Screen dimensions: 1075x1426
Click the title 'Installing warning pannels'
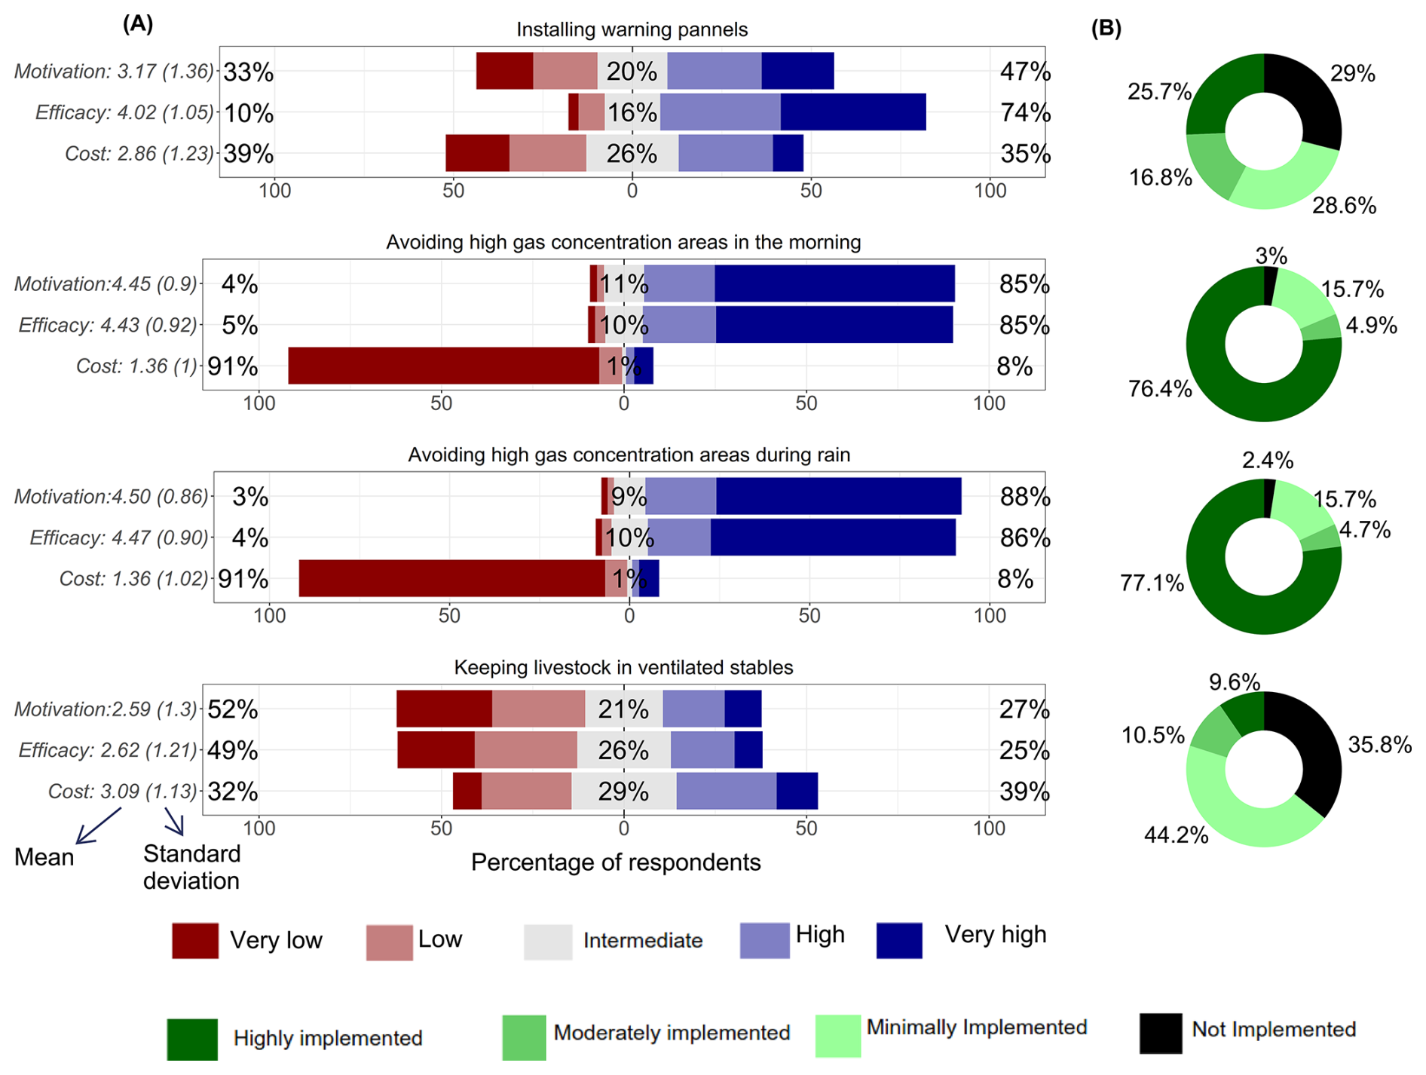(x=632, y=29)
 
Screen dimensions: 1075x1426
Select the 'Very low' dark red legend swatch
(x=195, y=940)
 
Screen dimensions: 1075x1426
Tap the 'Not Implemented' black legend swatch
(x=1160, y=1033)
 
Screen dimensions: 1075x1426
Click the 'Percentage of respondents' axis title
(x=616, y=862)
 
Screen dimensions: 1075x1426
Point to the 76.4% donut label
(x=1159, y=389)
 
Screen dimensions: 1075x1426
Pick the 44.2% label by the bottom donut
(x=1176, y=835)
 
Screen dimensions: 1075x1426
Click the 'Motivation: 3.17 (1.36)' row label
(x=114, y=72)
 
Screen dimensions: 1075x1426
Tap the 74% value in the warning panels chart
(x=1025, y=112)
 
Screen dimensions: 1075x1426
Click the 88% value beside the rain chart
(x=1025, y=497)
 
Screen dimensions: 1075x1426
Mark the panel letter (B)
(x=1106, y=28)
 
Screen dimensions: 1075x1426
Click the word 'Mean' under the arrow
(x=44, y=857)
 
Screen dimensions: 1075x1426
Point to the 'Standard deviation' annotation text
(x=191, y=867)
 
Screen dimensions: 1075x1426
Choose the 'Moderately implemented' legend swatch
(x=524, y=1037)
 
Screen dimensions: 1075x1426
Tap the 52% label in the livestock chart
(x=233, y=709)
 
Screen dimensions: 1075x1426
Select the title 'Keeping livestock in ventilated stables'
(x=623, y=667)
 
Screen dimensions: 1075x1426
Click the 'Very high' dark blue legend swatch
(x=899, y=940)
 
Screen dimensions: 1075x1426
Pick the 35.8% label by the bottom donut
(x=1379, y=745)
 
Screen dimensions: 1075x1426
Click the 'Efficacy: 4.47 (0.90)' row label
(x=118, y=537)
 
